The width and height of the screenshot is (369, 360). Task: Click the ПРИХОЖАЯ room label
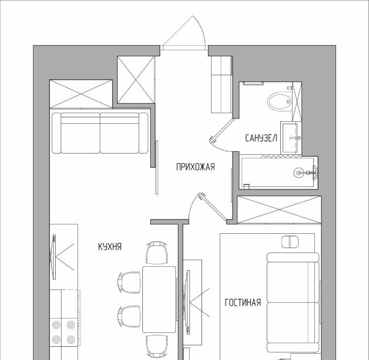pos(195,167)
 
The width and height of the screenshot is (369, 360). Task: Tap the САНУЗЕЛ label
pos(261,138)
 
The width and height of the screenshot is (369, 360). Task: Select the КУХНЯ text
pos(110,247)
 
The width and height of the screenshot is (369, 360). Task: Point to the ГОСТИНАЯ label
pos(243,302)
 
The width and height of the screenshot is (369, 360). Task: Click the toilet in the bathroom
pos(279,102)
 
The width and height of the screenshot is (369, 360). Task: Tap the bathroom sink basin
pos(290,138)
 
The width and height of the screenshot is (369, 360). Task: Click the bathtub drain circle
pos(299,173)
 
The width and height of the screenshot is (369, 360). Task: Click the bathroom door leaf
pos(221,131)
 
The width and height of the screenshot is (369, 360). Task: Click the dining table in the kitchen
pos(159,299)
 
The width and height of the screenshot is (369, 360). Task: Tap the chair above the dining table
pos(157,252)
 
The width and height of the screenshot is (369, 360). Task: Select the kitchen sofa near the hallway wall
pos(100,133)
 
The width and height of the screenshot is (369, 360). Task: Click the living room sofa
pos(293,303)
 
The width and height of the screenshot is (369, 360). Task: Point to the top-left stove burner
pos(56,325)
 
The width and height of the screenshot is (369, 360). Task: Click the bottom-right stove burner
pos(71,339)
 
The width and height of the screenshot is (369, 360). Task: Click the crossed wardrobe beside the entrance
pos(136,79)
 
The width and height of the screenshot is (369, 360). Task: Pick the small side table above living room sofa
pos(290,242)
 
